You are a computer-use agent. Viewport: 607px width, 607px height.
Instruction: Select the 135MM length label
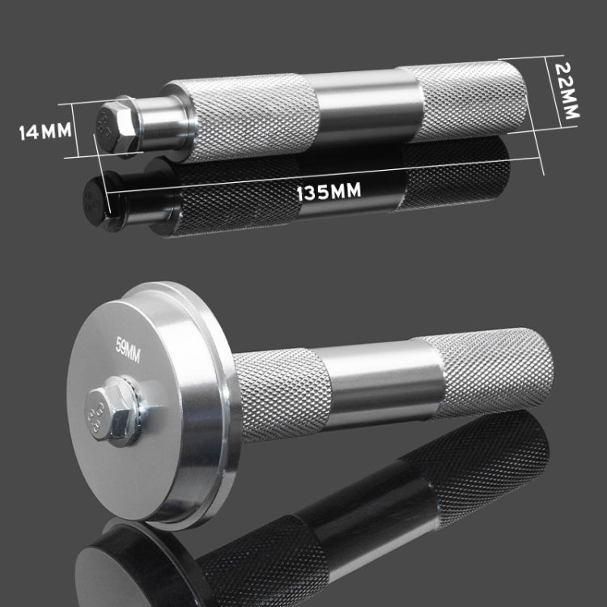[x=329, y=191]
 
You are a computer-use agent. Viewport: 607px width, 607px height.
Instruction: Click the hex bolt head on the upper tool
[x=117, y=128]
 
